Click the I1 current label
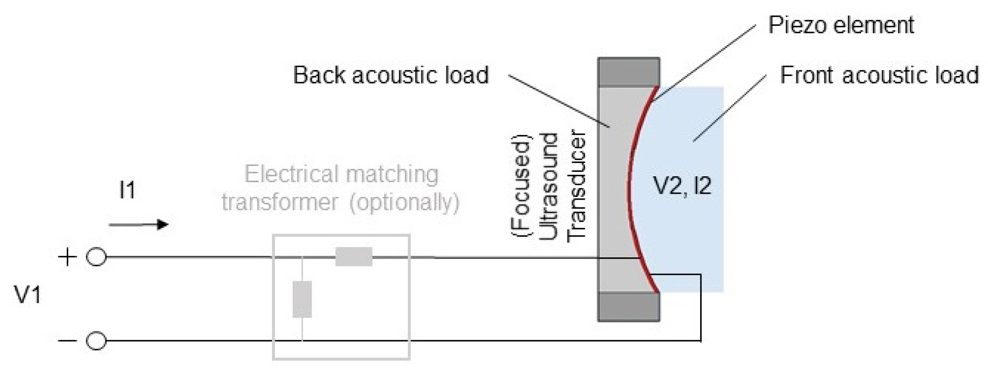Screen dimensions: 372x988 click(127, 190)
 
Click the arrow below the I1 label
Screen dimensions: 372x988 click(139, 225)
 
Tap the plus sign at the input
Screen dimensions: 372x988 click(67, 257)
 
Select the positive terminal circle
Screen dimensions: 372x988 click(96, 257)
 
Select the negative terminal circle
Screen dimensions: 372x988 click(96, 341)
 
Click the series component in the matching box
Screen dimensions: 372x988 click(354, 257)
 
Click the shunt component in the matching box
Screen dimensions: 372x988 click(302, 299)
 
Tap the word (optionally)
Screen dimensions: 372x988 click(404, 202)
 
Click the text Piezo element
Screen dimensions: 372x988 click(841, 25)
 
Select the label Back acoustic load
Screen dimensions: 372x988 click(391, 75)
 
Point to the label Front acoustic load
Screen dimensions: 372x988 click(879, 75)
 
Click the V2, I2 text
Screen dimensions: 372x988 click(682, 185)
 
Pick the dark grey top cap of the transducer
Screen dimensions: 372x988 click(628, 72)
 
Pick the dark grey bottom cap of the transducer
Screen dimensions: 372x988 click(628, 306)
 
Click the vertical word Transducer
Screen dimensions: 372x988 click(576, 186)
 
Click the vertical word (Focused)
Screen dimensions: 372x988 click(521, 186)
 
